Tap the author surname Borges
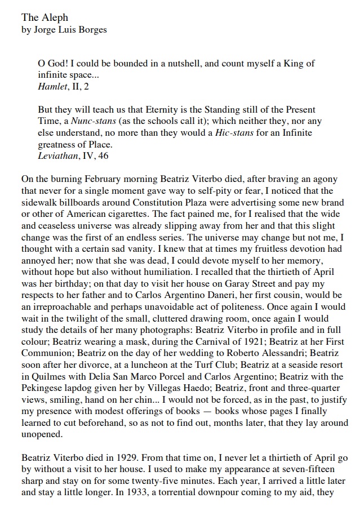[x=91, y=30]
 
